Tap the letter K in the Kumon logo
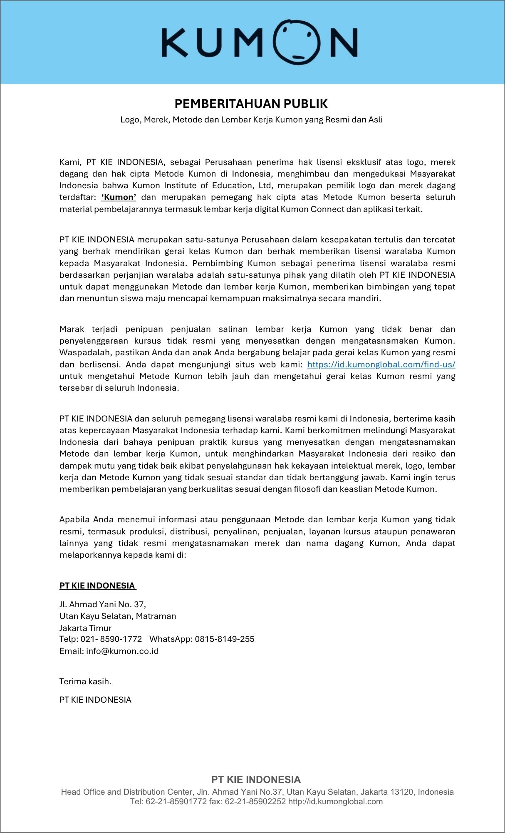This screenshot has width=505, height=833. point(175,42)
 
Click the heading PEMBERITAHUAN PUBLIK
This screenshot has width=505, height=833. point(251,103)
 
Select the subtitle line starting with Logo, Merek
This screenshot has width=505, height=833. point(251,120)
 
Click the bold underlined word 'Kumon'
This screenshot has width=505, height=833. point(119,197)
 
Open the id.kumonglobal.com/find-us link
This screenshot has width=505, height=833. point(381,364)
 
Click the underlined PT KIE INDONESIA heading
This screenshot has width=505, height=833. point(97,586)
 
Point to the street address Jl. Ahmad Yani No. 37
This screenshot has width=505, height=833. point(102,604)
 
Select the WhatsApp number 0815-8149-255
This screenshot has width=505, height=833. point(225,639)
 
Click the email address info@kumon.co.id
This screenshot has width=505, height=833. point(122,651)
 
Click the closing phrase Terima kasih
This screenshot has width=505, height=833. point(85,681)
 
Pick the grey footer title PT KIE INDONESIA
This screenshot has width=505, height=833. point(256,780)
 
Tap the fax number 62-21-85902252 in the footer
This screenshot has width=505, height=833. point(255,801)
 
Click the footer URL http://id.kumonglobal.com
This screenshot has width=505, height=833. point(335,801)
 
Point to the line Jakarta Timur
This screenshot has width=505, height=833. point(85,628)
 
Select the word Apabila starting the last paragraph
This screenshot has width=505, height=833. point(74,519)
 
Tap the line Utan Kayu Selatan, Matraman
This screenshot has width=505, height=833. point(118,616)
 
